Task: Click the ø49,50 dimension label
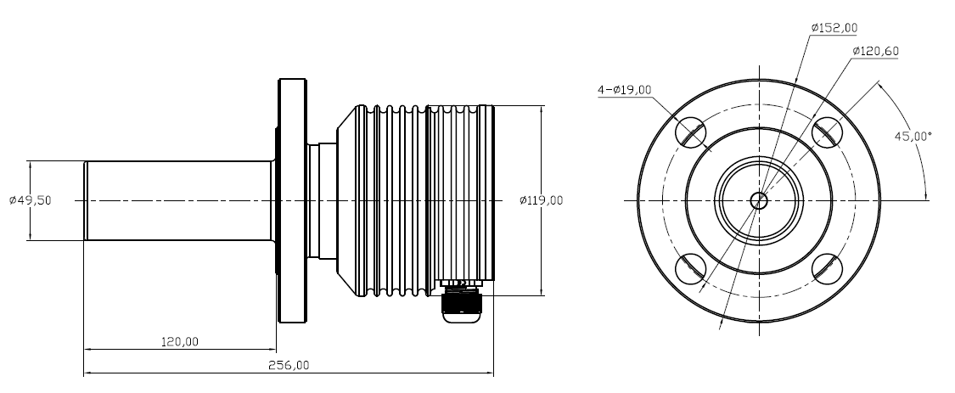(x=31, y=200)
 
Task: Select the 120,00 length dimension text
(x=179, y=342)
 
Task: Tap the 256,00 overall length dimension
(x=289, y=365)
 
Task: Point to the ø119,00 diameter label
(x=541, y=200)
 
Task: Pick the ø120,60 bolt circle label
(x=875, y=51)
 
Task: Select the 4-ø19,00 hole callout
(x=624, y=89)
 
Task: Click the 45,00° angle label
(x=913, y=136)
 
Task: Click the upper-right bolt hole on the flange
(x=827, y=132)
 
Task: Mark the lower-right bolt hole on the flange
(x=827, y=268)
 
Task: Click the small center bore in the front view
(x=759, y=200)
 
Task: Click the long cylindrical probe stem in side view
(x=178, y=200)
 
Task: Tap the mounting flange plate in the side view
(x=291, y=200)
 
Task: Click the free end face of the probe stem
(x=85, y=200)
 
